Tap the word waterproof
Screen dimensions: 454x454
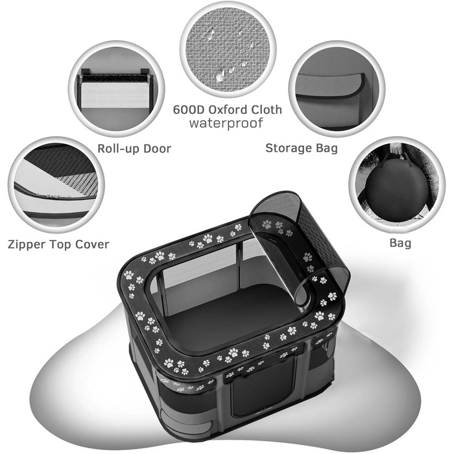226,123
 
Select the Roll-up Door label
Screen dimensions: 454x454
134,149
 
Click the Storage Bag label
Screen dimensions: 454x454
302,149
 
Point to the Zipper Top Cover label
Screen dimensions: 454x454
58,245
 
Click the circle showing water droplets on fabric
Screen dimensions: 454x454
228,49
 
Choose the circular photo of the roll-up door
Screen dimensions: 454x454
116,89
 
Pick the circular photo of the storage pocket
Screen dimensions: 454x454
337,89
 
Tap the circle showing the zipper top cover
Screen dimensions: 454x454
56,185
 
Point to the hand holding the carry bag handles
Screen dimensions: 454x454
396,149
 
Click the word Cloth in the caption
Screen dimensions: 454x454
267,110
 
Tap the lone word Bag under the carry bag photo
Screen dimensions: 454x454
400,243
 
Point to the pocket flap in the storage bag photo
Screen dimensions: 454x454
330,86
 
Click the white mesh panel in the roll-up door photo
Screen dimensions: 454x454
115,95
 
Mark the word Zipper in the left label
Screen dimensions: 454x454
26,245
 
